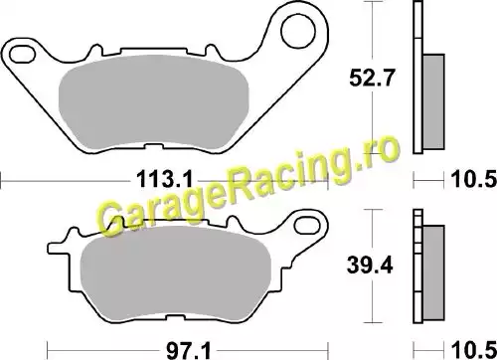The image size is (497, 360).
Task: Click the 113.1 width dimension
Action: (x=164, y=181)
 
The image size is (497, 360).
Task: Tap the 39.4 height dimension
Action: (x=370, y=266)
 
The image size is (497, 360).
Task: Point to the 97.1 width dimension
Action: (x=188, y=351)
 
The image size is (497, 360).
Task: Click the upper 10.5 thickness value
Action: (x=474, y=181)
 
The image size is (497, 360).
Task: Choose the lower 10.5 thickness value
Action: (x=474, y=351)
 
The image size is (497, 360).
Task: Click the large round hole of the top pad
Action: (x=297, y=32)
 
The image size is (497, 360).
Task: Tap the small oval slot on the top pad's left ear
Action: (x=22, y=55)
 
